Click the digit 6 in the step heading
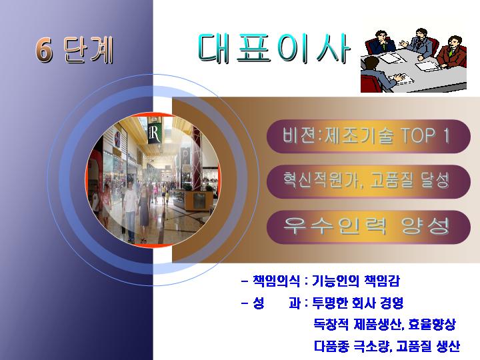click(x=44, y=49)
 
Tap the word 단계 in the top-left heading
click(x=89, y=50)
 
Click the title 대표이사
click(x=274, y=49)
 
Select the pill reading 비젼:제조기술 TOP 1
click(x=368, y=136)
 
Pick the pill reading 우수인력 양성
click(x=368, y=227)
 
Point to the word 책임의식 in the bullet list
click(x=276, y=281)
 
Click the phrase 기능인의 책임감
click(x=356, y=281)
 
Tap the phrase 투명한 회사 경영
click(x=357, y=303)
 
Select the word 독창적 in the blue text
click(x=331, y=324)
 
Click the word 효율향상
click(x=432, y=324)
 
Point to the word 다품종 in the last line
click(x=331, y=346)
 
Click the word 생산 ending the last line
click(x=448, y=346)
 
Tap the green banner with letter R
click(x=155, y=130)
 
